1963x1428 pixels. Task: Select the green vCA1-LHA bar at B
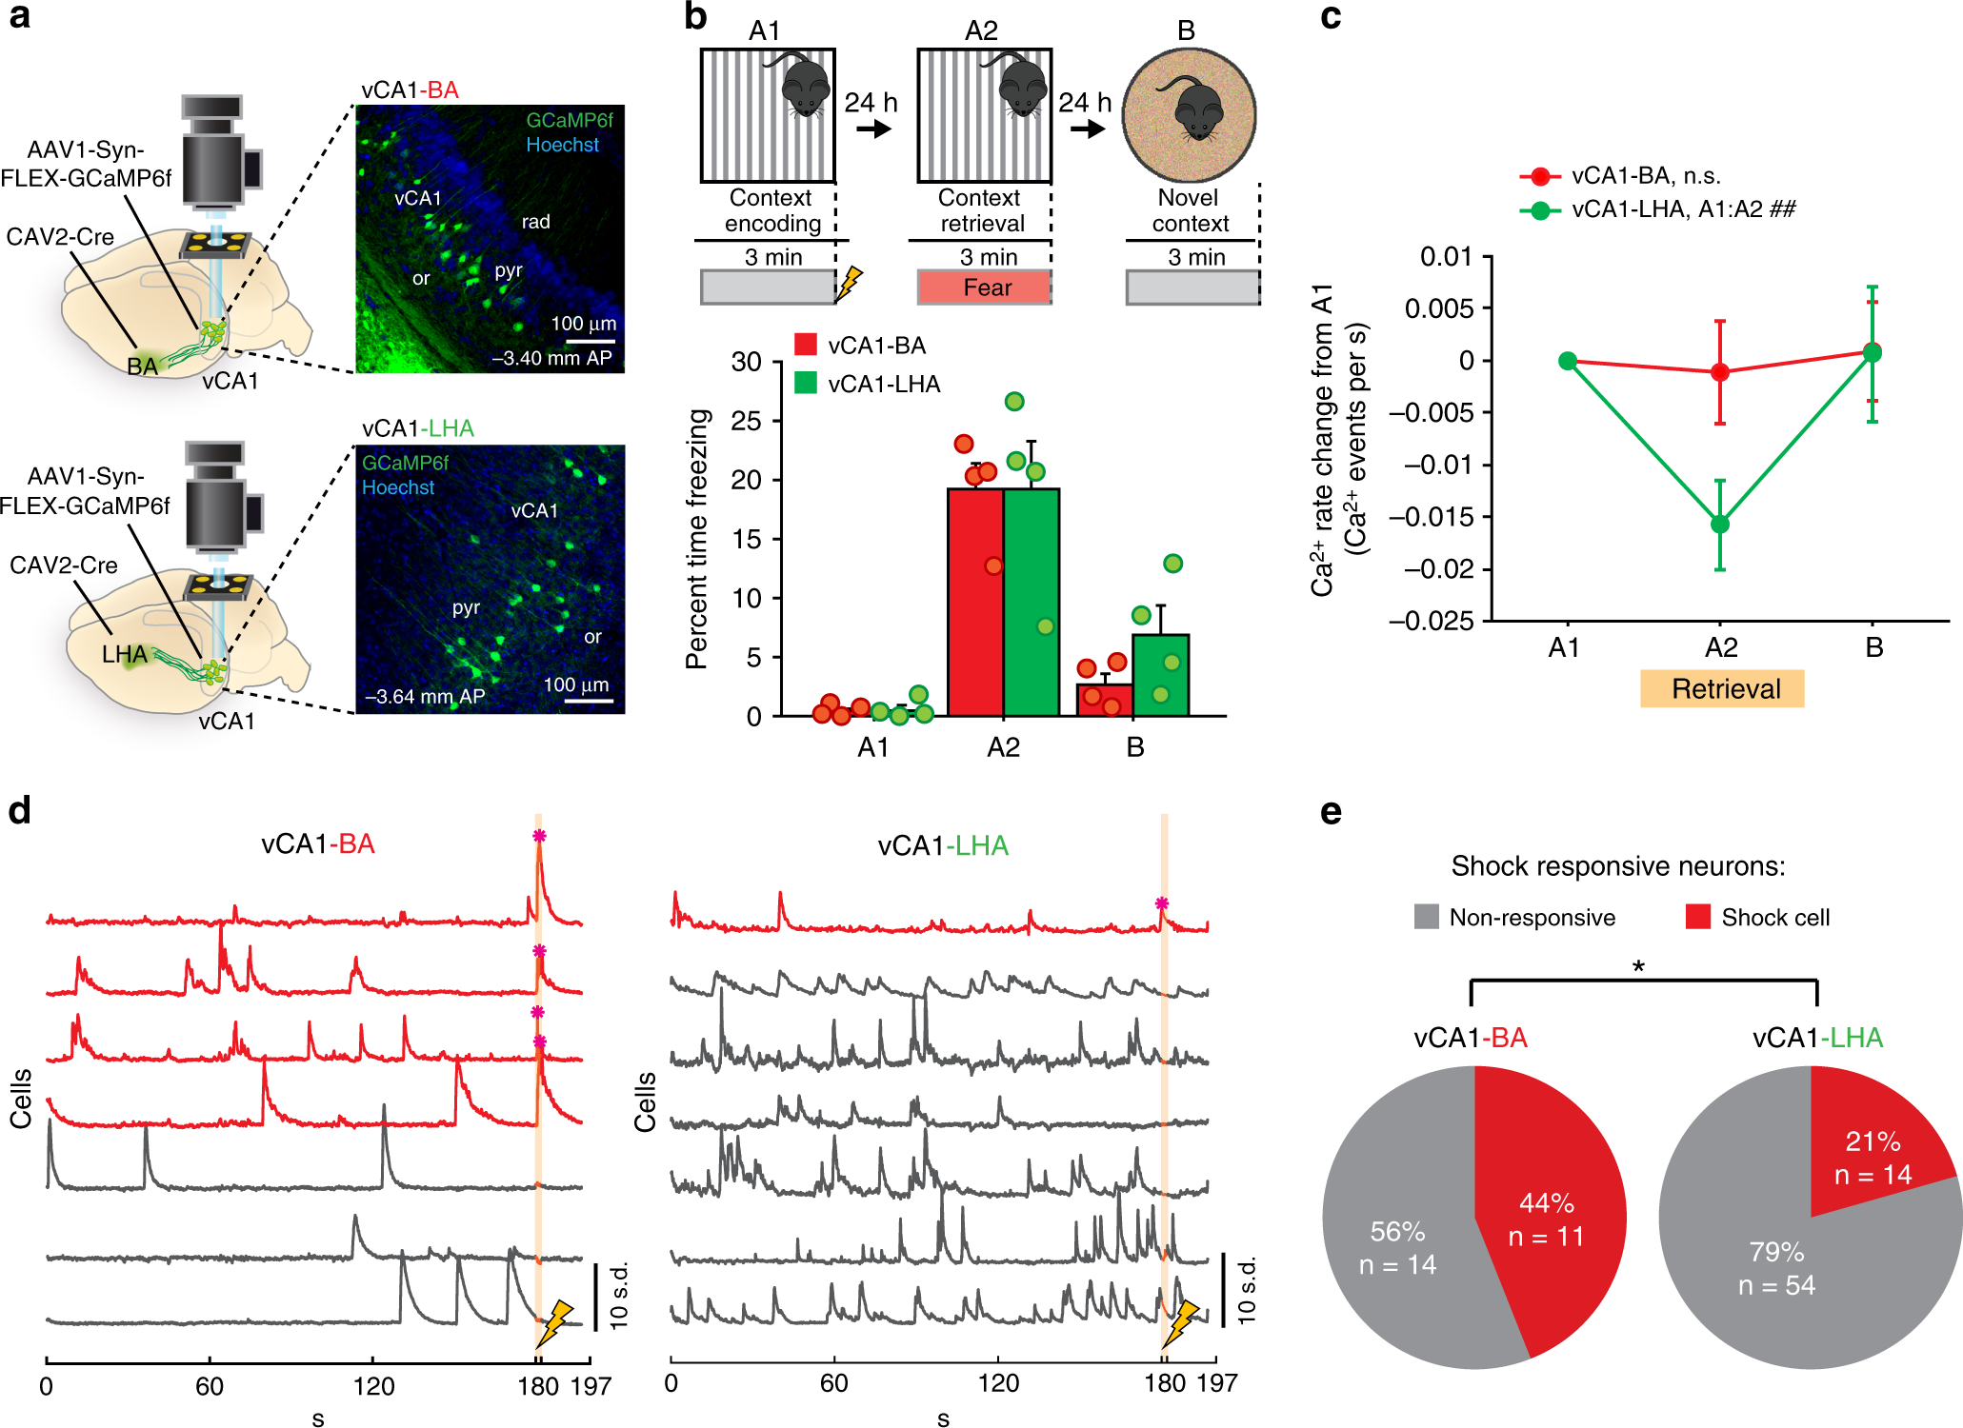coord(1160,675)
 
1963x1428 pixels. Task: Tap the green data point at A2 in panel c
coord(1719,525)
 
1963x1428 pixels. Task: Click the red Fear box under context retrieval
coord(984,288)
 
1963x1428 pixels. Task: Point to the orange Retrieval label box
coord(1721,688)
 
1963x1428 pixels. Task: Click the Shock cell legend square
coord(1697,917)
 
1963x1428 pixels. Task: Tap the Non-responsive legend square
coord(1426,917)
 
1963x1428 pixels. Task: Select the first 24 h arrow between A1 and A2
coord(872,127)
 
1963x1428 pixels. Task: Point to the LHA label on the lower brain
coord(125,654)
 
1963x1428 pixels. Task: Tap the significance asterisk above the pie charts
coord(1638,967)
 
